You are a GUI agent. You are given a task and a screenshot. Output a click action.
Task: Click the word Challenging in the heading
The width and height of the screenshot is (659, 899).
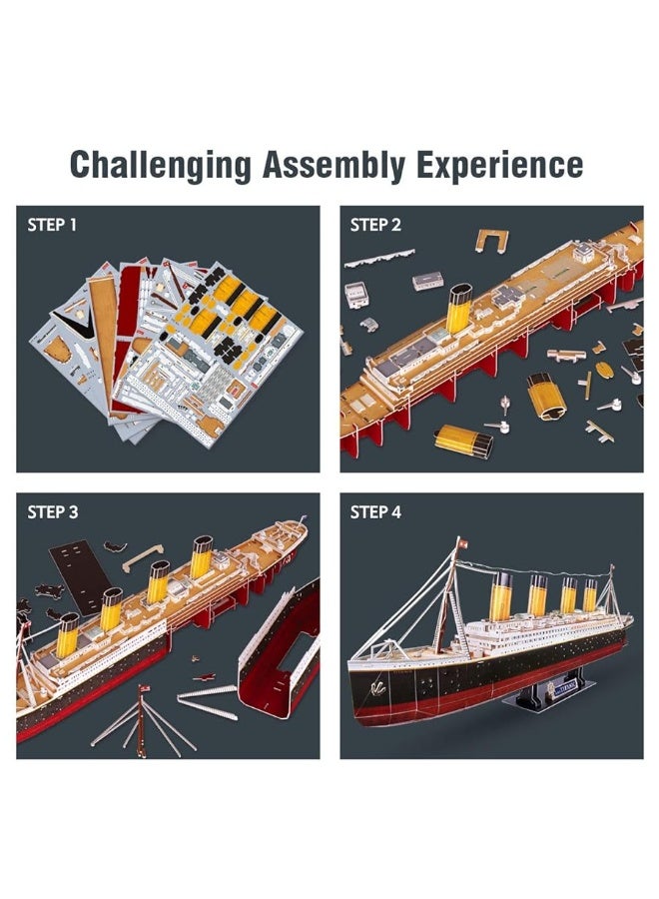click(x=160, y=165)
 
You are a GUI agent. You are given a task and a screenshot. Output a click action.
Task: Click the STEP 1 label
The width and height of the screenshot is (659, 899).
click(x=52, y=225)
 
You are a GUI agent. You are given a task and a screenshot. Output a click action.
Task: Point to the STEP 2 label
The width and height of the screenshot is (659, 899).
click(x=375, y=225)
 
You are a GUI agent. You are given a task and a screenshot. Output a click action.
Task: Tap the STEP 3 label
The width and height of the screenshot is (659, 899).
click(x=52, y=512)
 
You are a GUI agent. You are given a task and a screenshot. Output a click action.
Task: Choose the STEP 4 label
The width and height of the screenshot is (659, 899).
click(x=375, y=512)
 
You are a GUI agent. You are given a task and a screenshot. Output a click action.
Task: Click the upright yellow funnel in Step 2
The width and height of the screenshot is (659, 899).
click(x=458, y=308)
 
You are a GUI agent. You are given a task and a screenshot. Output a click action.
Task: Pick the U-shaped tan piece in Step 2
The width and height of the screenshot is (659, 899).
click(x=491, y=240)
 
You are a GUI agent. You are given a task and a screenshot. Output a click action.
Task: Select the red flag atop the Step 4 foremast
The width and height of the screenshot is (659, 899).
click(x=461, y=542)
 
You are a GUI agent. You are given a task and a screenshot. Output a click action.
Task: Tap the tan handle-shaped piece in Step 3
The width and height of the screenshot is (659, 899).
click(x=143, y=556)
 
